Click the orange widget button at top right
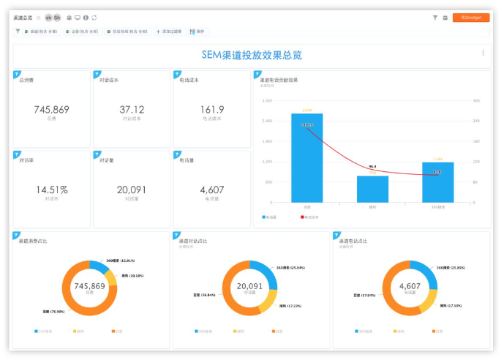pos(470,18)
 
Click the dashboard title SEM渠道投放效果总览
pos(252,55)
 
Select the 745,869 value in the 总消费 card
pos(51,110)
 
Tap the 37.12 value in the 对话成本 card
pos(132,110)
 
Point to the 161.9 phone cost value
pos(211,110)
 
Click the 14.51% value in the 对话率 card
pos(51,190)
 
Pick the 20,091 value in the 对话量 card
pos(132,190)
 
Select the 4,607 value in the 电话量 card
pos(211,190)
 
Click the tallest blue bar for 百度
pos(307,158)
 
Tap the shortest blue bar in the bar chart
pos(372,189)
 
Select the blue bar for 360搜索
pos(437,182)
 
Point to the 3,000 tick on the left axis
pos(267,101)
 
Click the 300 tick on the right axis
pos(476,101)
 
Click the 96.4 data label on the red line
pos(372,167)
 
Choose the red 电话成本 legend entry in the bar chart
pos(312,217)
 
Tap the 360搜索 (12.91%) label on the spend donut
pos(120,260)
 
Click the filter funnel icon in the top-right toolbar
pos(435,18)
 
